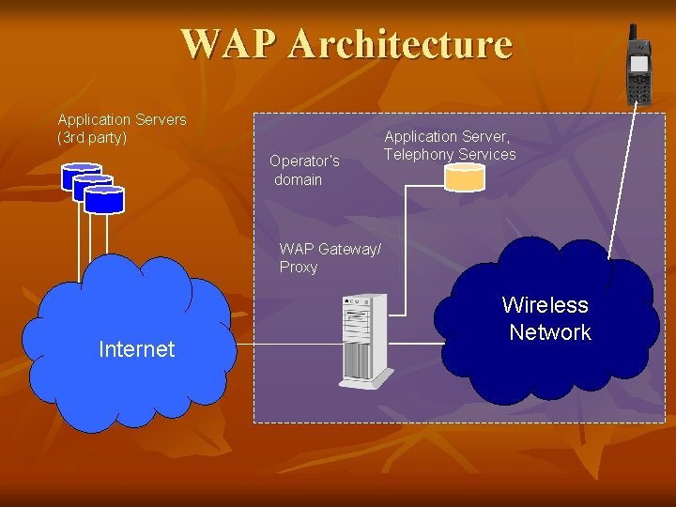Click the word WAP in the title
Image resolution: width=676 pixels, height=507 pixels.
(x=230, y=44)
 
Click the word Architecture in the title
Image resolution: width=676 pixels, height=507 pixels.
(x=401, y=44)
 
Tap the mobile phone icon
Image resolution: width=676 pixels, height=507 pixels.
(x=638, y=70)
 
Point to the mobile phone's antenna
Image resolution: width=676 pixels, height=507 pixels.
(x=633, y=36)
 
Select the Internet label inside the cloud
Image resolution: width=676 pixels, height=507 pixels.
(x=136, y=349)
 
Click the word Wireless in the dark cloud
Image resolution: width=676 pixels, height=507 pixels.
(x=545, y=305)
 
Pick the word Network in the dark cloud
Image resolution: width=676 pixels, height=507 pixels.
(x=549, y=332)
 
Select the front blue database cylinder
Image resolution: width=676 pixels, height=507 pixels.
(x=103, y=199)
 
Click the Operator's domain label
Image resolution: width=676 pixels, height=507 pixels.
(x=303, y=170)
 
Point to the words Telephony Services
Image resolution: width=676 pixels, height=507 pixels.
(x=450, y=155)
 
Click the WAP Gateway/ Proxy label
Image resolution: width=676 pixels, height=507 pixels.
(x=330, y=258)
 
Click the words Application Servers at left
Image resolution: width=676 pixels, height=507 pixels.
(x=122, y=120)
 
